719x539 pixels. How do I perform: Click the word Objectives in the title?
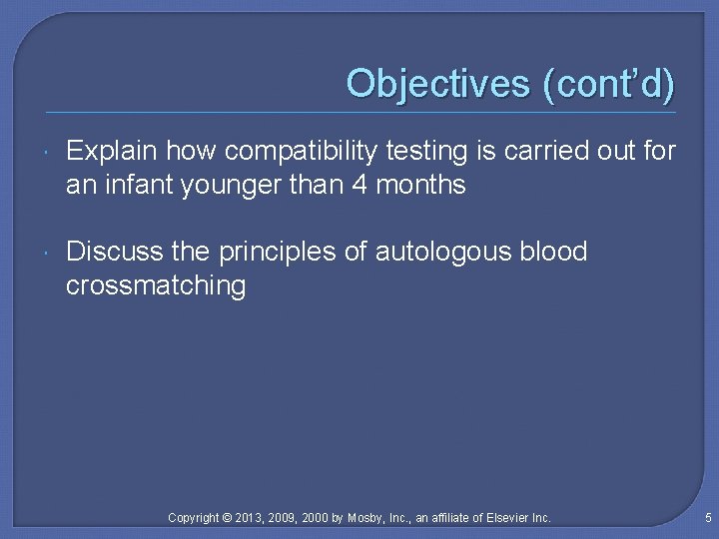pyautogui.click(x=437, y=83)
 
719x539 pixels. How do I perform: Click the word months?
pyautogui.click(x=420, y=185)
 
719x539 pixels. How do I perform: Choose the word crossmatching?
pyautogui.click(x=156, y=285)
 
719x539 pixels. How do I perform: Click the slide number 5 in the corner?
pyautogui.click(x=707, y=518)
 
